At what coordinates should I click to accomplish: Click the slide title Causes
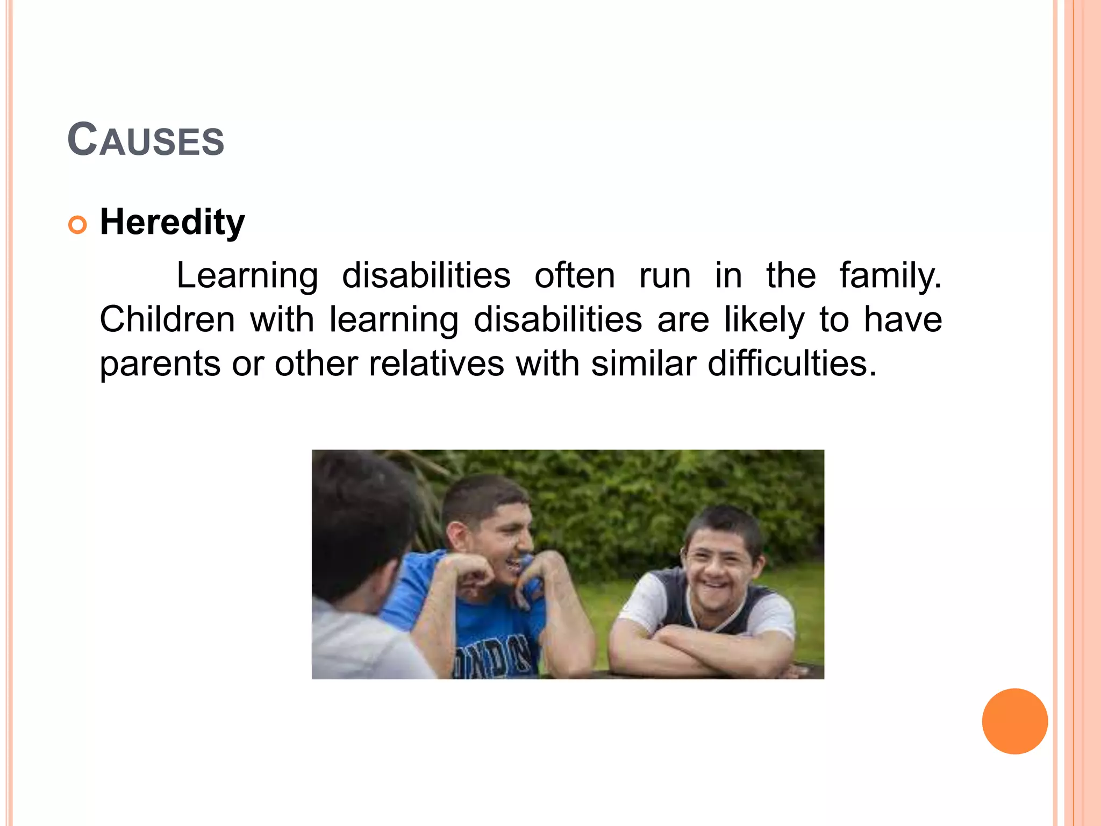pos(146,140)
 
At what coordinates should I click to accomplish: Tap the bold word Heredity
pos(172,222)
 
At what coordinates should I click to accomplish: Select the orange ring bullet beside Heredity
pos(77,225)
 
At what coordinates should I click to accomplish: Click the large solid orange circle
pos(1014,721)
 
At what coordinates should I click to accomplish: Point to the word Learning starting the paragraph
pos(247,276)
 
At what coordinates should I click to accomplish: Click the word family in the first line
pos(890,276)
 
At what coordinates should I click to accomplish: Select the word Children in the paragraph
pos(167,319)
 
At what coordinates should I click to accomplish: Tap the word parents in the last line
pos(160,364)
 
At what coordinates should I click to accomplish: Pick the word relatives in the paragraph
pos(436,364)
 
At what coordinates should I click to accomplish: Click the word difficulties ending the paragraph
pos(791,364)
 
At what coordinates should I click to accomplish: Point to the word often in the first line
pos(574,276)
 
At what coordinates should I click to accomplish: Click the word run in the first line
pos(664,276)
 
